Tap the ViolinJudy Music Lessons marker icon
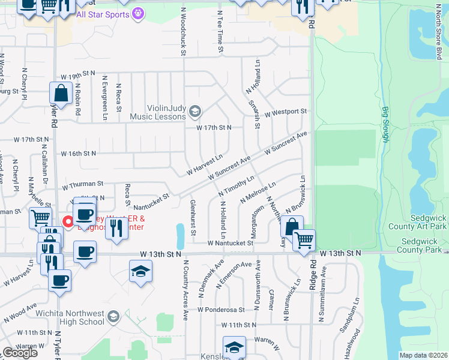click(194, 111)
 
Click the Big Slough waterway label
click(385, 125)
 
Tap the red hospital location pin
click(68, 221)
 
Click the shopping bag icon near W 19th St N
click(61, 93)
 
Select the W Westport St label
click(285, 112)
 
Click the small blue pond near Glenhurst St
click(181, 232)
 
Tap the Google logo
click(20, 353)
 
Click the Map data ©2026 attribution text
click(423, 355)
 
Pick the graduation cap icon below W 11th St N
click(234, 347)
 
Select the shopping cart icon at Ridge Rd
click(304, 240)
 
